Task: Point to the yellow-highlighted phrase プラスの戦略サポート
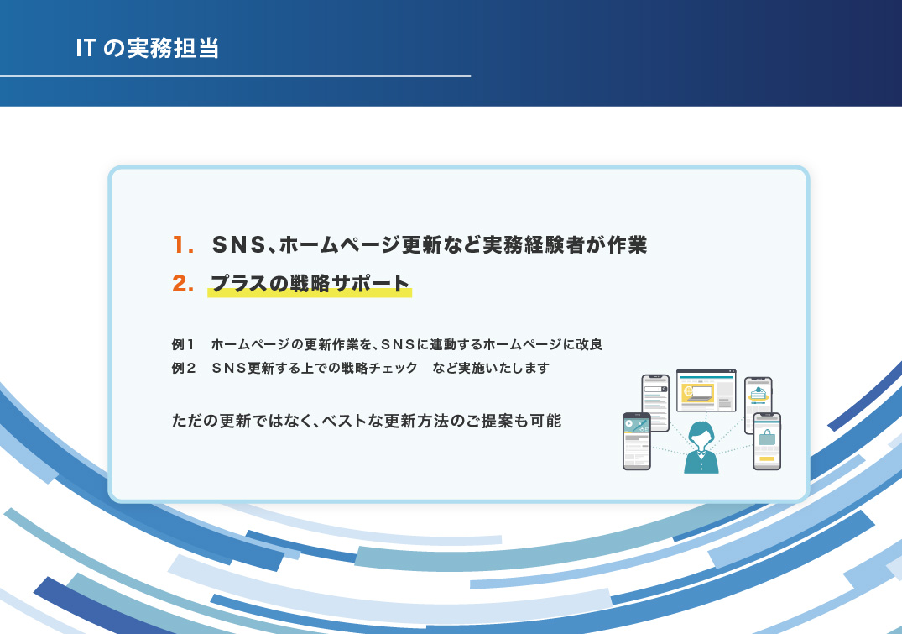310,283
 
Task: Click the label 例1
183,344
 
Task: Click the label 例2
184,368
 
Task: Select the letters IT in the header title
85,48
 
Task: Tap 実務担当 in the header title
173,48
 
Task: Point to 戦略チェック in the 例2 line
379,368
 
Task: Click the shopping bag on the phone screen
767,438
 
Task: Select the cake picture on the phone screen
759,393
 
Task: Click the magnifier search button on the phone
664,390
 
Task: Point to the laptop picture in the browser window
697,393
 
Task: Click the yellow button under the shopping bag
767,459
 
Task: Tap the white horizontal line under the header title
235,76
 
